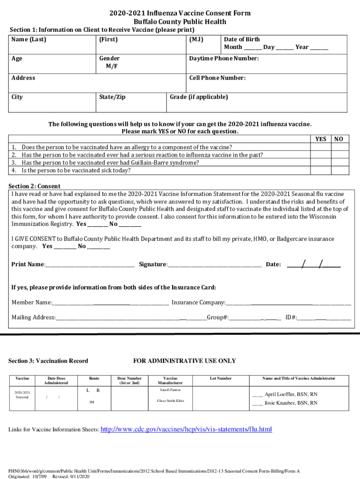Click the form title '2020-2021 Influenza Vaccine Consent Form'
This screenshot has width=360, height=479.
[180, 13]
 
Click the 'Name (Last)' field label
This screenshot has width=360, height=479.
[29, 39]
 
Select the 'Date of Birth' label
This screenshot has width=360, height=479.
[242, 39]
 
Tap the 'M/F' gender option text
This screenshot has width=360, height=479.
[111, 66]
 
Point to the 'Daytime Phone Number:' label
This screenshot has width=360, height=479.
[223, 58]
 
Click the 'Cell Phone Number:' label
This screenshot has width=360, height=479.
[217, 78]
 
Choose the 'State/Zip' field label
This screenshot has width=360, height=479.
[112, 97]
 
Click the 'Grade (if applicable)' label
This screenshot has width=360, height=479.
[199, 97]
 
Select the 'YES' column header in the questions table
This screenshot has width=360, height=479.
[321, 139]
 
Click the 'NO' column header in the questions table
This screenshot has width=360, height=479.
[339, 139]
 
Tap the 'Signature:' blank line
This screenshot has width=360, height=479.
[215, 264]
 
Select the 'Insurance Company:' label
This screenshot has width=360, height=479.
[198, 303]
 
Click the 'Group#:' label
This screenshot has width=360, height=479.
[217, 318]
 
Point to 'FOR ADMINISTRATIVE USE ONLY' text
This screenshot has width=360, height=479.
[185, 361]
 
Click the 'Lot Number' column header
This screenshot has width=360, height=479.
[221, 378]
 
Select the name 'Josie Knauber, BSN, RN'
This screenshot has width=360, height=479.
[291, 403]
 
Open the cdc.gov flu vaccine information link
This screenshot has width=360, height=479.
[187, 429]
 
